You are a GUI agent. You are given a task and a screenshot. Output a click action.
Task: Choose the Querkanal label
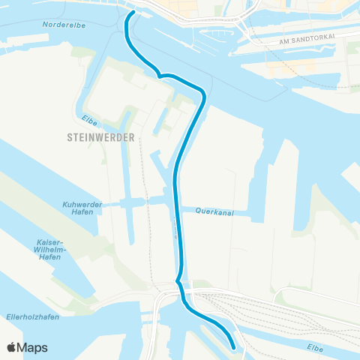click(213, 211)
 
